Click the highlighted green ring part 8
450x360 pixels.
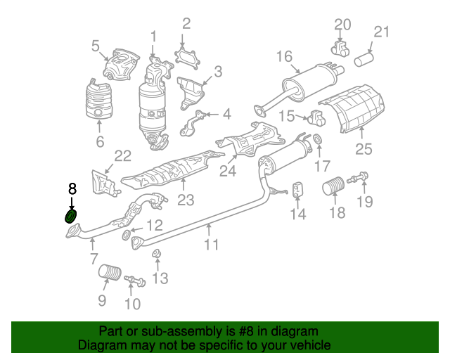tap(70, 216)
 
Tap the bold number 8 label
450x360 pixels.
tap(72, 189)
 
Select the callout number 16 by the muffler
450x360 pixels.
tap(284, 56)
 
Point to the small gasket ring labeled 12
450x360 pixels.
tap(126, 236)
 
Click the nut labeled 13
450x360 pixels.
tap(156, 254)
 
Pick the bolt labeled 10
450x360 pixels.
tap(135, 281)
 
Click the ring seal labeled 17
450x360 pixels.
tap(318, 139)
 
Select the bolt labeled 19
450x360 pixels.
tap(358, 177)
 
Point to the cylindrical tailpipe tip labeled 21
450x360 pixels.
tap(364, 59)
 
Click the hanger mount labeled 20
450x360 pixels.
tap(340, 49)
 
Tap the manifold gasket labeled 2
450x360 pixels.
tap(187, 60)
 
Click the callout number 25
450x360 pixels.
tap(364, 149)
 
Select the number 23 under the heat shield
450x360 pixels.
tap(186, 200)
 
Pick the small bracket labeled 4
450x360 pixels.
tap(193, 122)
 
